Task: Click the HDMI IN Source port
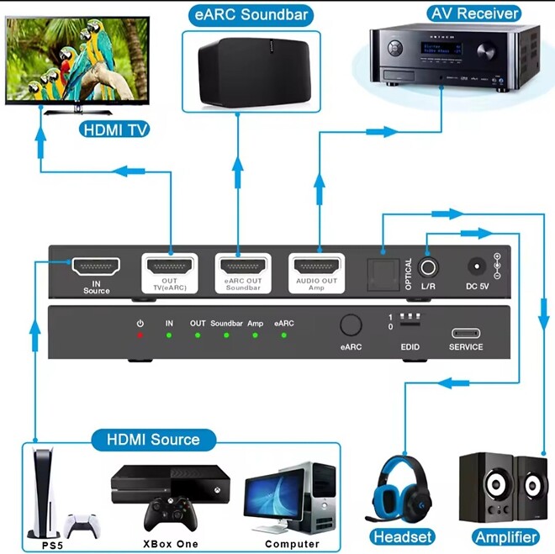[96, 266]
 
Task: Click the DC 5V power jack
[477, 266]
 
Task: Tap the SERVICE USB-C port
[466, 332]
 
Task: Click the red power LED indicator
[140, 335]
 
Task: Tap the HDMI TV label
[116, 129]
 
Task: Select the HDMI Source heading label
[153, 439]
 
